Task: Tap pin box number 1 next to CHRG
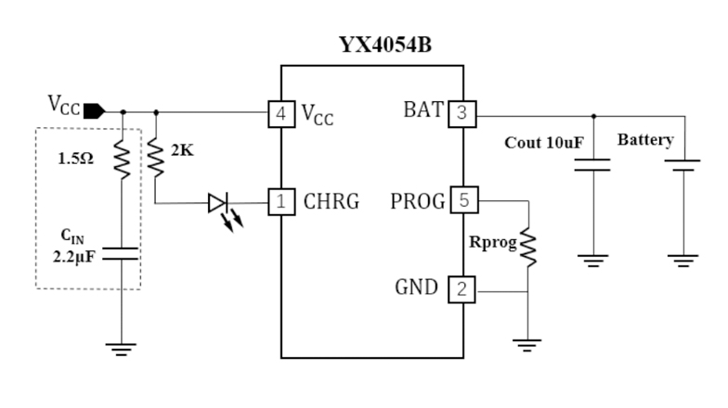(279, 200)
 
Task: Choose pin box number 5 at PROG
(461, 200)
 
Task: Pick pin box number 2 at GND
(461, 288)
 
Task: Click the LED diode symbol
(219, 201)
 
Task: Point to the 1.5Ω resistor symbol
(122, 159)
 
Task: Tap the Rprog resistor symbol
(528, 247)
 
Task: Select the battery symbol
(683, 166)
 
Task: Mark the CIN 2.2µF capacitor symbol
(122, 254)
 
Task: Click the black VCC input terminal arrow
(94, 112)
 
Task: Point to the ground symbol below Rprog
(528, 345)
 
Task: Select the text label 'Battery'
(645, 141)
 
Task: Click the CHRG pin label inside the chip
(331, 201)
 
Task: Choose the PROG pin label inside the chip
(418, 201)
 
